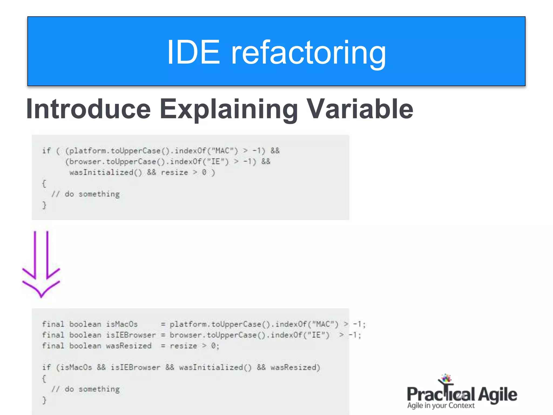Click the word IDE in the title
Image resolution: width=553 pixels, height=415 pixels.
[193, 52]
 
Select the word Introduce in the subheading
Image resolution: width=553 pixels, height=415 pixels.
[88, 109]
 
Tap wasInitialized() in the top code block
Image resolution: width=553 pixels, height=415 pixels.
[105, 172]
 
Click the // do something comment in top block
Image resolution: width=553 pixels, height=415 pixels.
[86, 194]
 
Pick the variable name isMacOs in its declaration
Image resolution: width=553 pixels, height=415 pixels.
[122, 324]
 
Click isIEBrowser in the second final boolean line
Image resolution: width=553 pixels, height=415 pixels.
[131, 335]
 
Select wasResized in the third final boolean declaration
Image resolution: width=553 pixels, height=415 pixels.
[129, 346]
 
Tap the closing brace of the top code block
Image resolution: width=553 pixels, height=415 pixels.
[44, 205]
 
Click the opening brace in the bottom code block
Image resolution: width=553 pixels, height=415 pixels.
[44, 379]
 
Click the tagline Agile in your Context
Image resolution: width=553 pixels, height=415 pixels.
[441, 406]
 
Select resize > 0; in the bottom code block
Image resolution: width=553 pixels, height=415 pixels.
[194, 346]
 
